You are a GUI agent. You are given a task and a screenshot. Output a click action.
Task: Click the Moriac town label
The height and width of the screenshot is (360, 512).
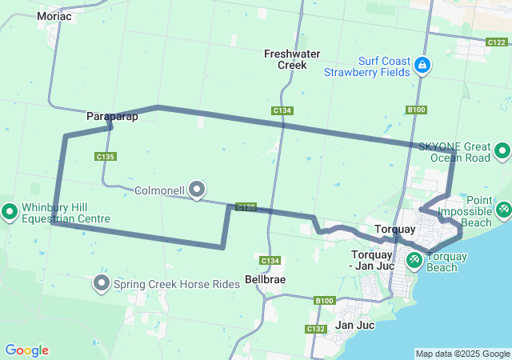(x=54, y=16)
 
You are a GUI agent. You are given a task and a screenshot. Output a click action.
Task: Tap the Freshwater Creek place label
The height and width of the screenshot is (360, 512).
(x=292, y=59)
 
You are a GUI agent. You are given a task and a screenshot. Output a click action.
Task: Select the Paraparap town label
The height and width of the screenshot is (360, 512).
(x=112, y=117)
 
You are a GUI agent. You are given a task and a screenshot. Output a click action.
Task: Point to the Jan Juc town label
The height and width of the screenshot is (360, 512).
(x=354, y=325)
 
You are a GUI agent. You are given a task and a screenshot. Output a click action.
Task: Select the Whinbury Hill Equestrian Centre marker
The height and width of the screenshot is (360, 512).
(x=10, y=212)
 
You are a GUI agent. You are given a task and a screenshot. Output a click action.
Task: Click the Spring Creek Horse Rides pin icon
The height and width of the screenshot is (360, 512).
(x=102, y=283)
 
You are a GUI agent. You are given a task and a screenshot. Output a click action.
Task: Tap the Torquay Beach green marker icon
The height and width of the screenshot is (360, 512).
(x=414, y=259)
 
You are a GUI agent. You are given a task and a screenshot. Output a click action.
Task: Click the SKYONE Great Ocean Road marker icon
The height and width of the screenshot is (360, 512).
(x=502, y=150)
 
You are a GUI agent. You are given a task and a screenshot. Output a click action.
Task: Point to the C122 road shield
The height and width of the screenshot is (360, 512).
(x=496, y=42)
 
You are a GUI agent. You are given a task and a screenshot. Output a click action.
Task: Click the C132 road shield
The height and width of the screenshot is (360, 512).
(x=315, y=329)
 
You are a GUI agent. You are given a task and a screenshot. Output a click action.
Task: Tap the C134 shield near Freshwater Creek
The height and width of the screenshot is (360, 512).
(x=282, y=110)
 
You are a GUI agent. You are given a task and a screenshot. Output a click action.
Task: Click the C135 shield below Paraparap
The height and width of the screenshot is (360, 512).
(x=106, y=157)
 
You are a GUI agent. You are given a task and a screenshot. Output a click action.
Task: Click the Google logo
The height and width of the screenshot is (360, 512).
(x=26, y=350)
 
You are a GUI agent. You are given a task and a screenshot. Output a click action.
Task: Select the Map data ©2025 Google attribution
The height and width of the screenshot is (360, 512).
(x=462, y=354)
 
